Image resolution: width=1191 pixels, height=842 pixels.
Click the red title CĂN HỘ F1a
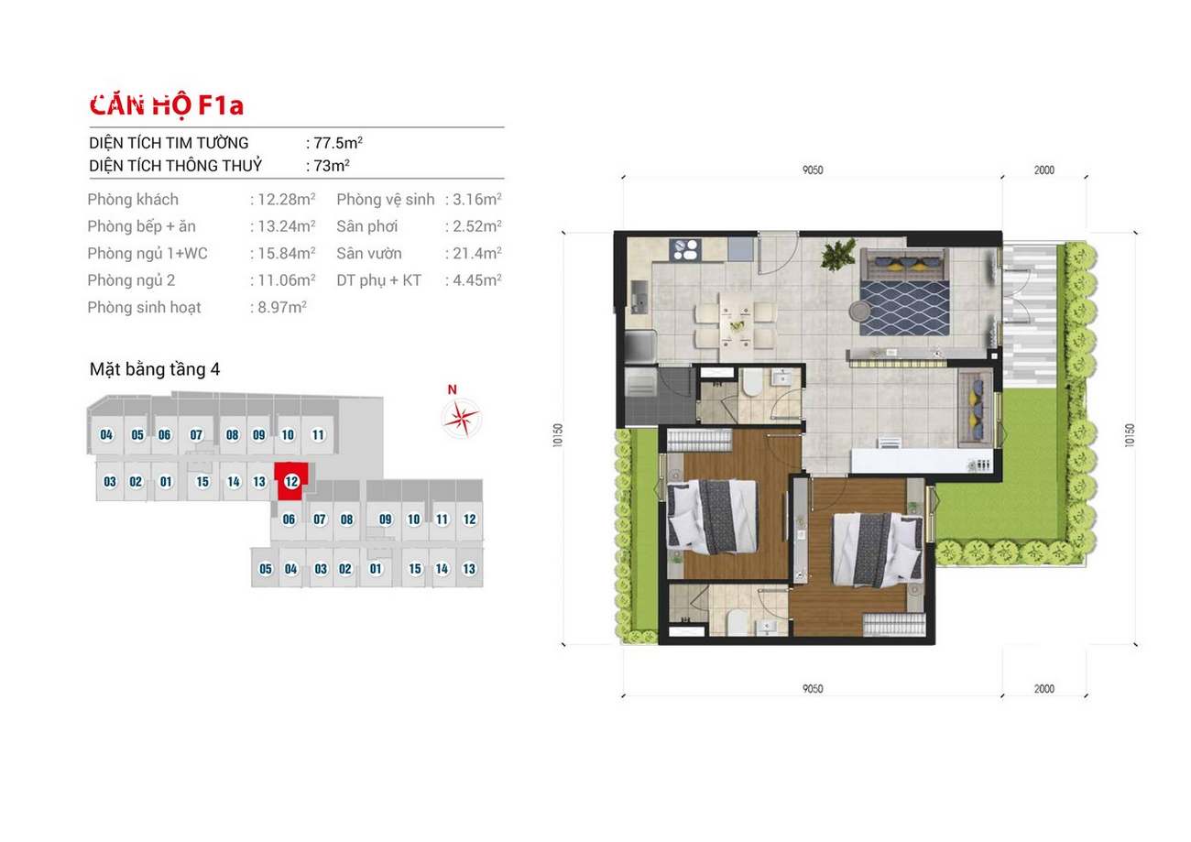click(167, 105)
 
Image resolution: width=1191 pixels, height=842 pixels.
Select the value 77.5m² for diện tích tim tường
click(338, 143)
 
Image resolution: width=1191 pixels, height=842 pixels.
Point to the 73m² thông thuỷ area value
click(332, 166)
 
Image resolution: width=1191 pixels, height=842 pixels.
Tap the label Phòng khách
click(133, 200)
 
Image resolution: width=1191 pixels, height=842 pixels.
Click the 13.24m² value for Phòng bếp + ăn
click(287, 226)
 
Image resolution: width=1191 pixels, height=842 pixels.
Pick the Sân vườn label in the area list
click(369, 254)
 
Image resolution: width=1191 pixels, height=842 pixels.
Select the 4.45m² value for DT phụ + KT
click(477, 280)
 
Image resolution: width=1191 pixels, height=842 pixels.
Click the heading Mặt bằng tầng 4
click(155, 369)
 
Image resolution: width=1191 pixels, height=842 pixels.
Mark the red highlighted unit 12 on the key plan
click(291, 482)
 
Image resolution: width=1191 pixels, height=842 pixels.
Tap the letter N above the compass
click(452, 389)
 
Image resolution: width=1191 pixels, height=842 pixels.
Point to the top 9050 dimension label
click(813, 170)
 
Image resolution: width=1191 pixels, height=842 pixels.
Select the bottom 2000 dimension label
click(1044, 689)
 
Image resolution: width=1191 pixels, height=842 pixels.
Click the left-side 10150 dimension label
click(558, 435)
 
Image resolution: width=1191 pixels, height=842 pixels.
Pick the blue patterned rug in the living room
click(904, 309)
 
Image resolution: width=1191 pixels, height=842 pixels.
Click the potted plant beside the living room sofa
click(838, 254)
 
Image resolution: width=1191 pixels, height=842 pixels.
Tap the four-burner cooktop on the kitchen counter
click(685, 250)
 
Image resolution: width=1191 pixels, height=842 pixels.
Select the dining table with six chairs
click(737, 326)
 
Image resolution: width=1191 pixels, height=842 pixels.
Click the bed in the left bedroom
click(712, 515)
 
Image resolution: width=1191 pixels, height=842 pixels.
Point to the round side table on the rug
click(858, 311)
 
